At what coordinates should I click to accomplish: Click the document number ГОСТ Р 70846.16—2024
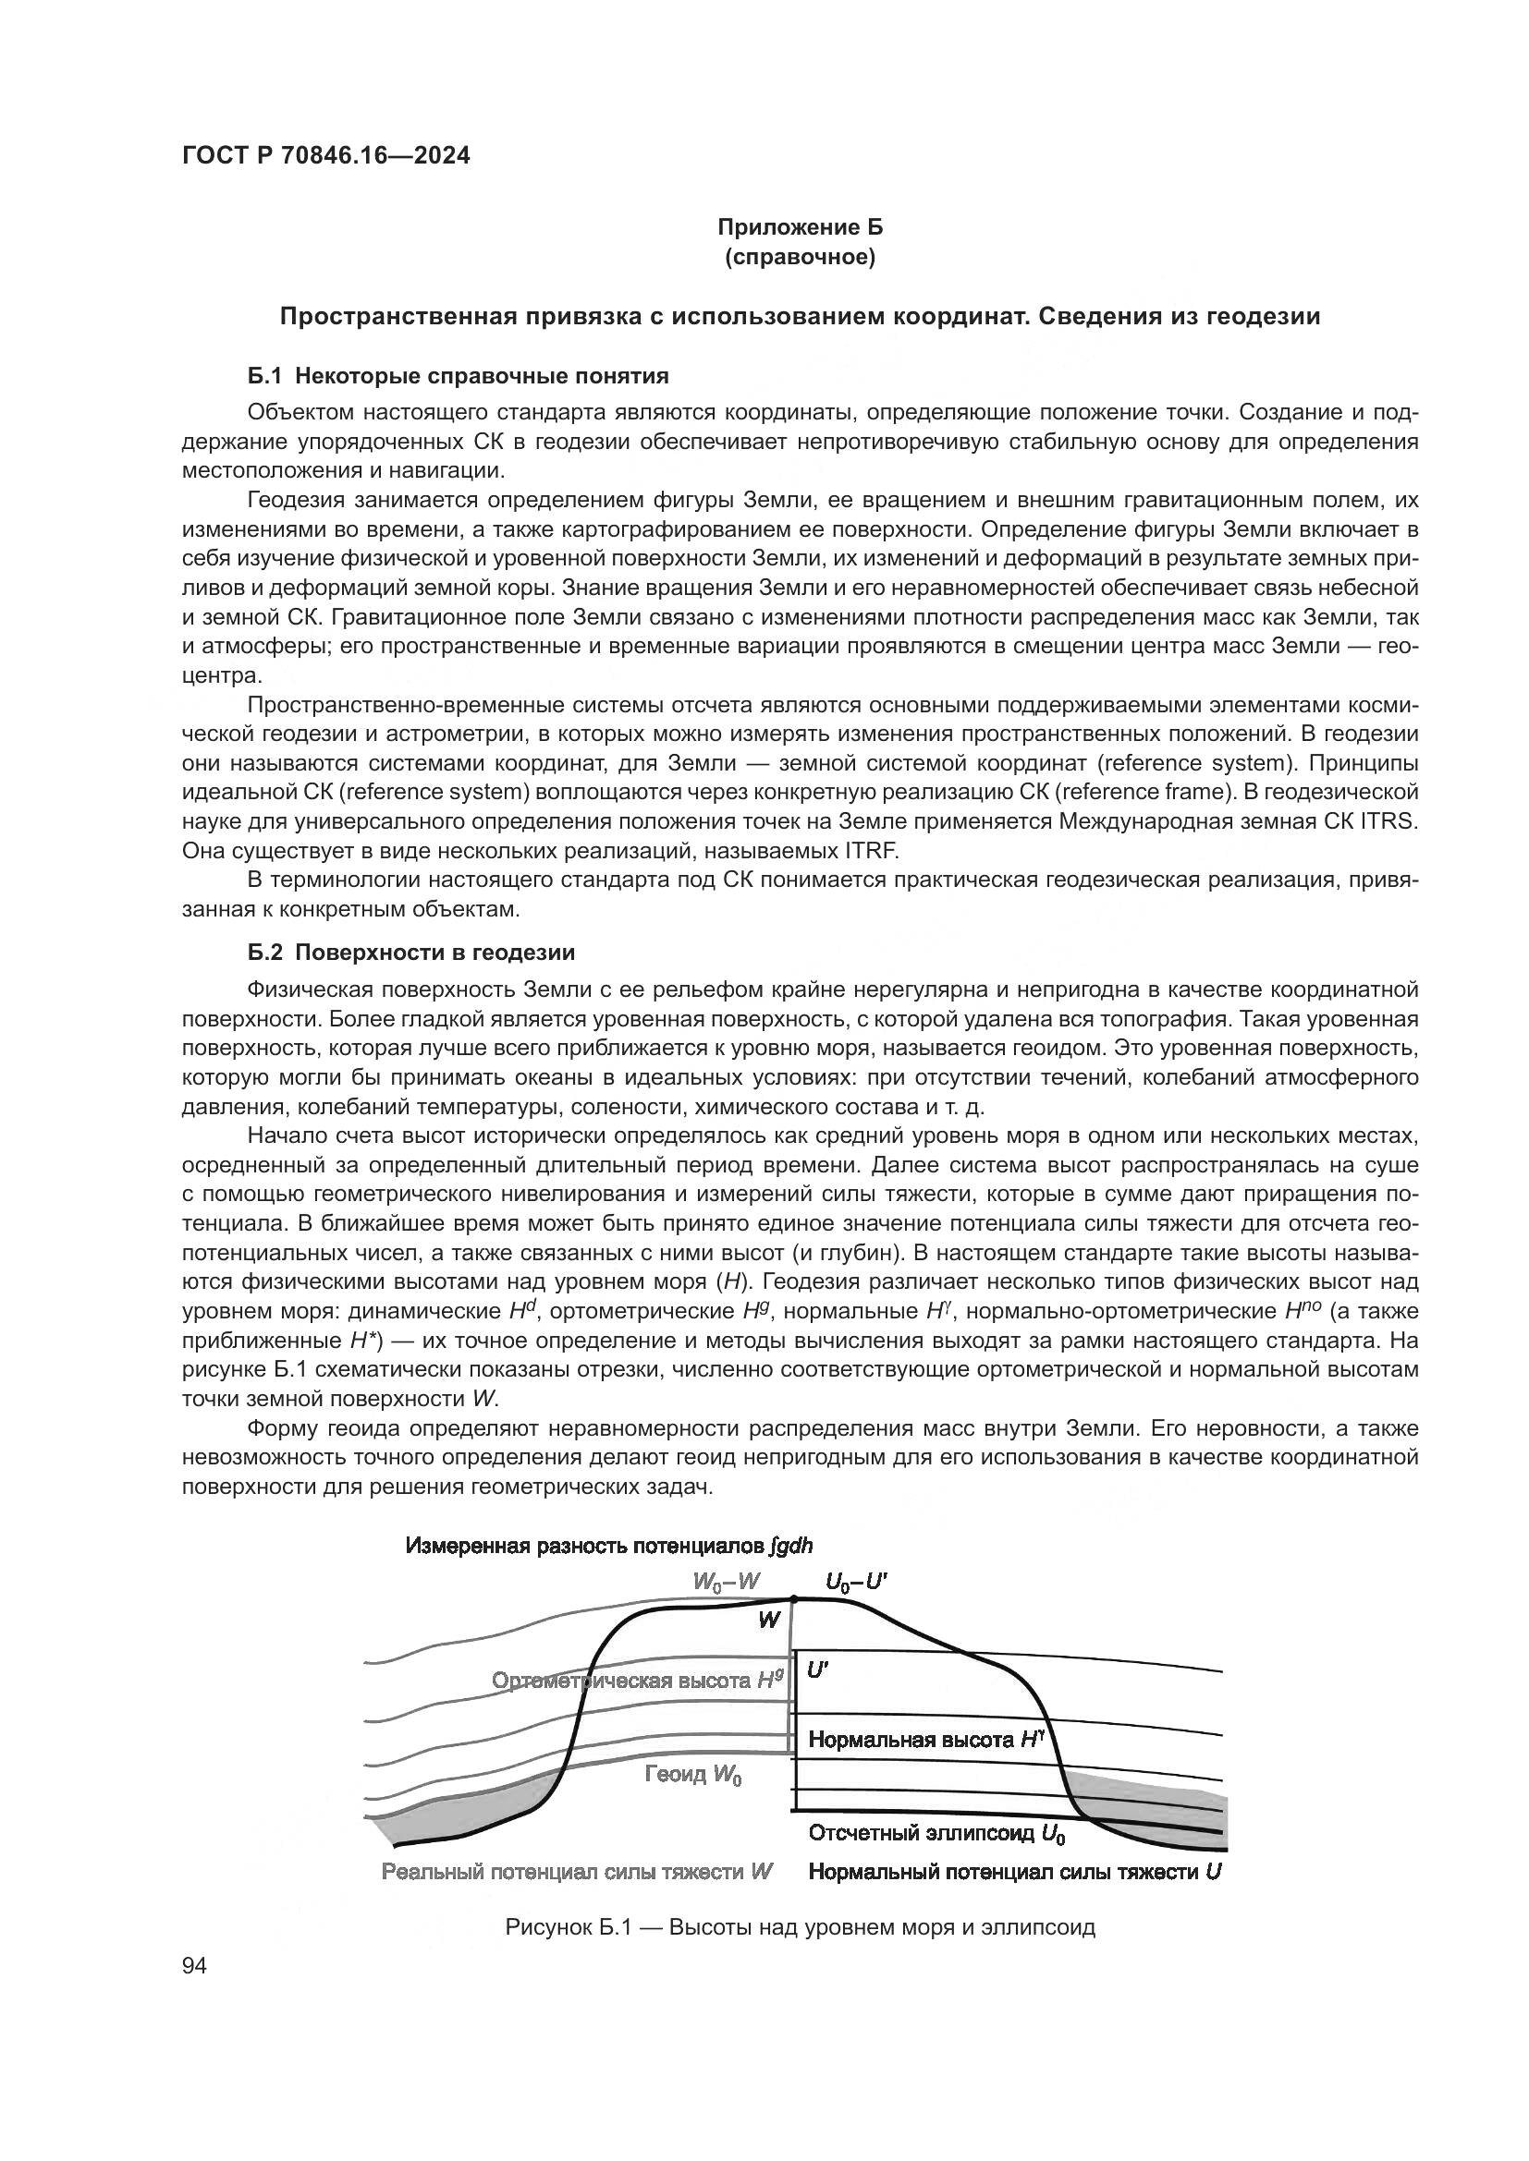pyautogui.click(x=325, y=156)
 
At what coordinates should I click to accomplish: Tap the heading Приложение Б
pyautogui.click(x=801, y=227)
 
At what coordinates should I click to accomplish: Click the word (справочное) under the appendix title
pyautogui.click(x=801, y=257)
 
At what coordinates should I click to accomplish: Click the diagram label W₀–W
pyautogui.click(x=725, y=1582)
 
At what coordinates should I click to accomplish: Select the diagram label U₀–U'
pyautogui.click(x=856, y=1582)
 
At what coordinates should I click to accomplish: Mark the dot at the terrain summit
pyautogui.click(x=793, y=1598)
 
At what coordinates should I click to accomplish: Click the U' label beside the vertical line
pyautogui.click(x=817, y=1670)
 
